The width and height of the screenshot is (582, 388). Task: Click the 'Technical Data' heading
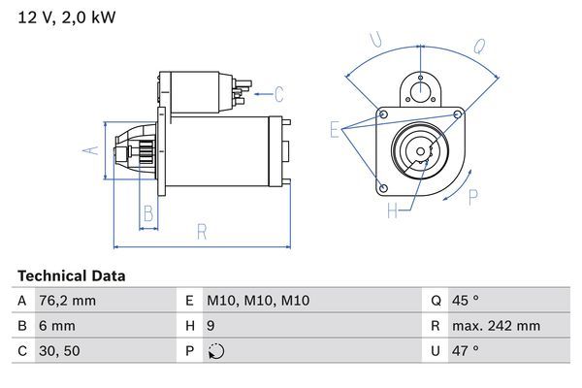pyautogui.click(x=71, y=275)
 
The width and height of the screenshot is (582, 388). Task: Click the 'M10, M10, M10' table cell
pyautogui.click(x=258, y=301)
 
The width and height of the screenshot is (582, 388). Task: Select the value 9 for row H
pyautogui.click(x=211, y=326)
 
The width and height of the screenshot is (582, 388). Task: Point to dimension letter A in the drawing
pyautogui.click(x=87, y=150)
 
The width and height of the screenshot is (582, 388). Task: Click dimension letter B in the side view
pyautogui.click(x=147, y=212)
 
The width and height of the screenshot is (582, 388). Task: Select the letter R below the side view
pyautogui.click(x=202, y=231)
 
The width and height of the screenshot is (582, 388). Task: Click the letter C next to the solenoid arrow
pyautogui.click(x=278, y=94)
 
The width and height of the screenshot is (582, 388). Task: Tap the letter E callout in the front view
pyautogui.click(x=335, y=128)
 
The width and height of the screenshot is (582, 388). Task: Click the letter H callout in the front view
pyautogui.click(x=392, y=210)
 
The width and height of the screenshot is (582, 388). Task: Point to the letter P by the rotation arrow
pyautogui.click(x=473, y=197)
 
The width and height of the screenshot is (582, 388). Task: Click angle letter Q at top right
pyautogui.click(x=479, y=46)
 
